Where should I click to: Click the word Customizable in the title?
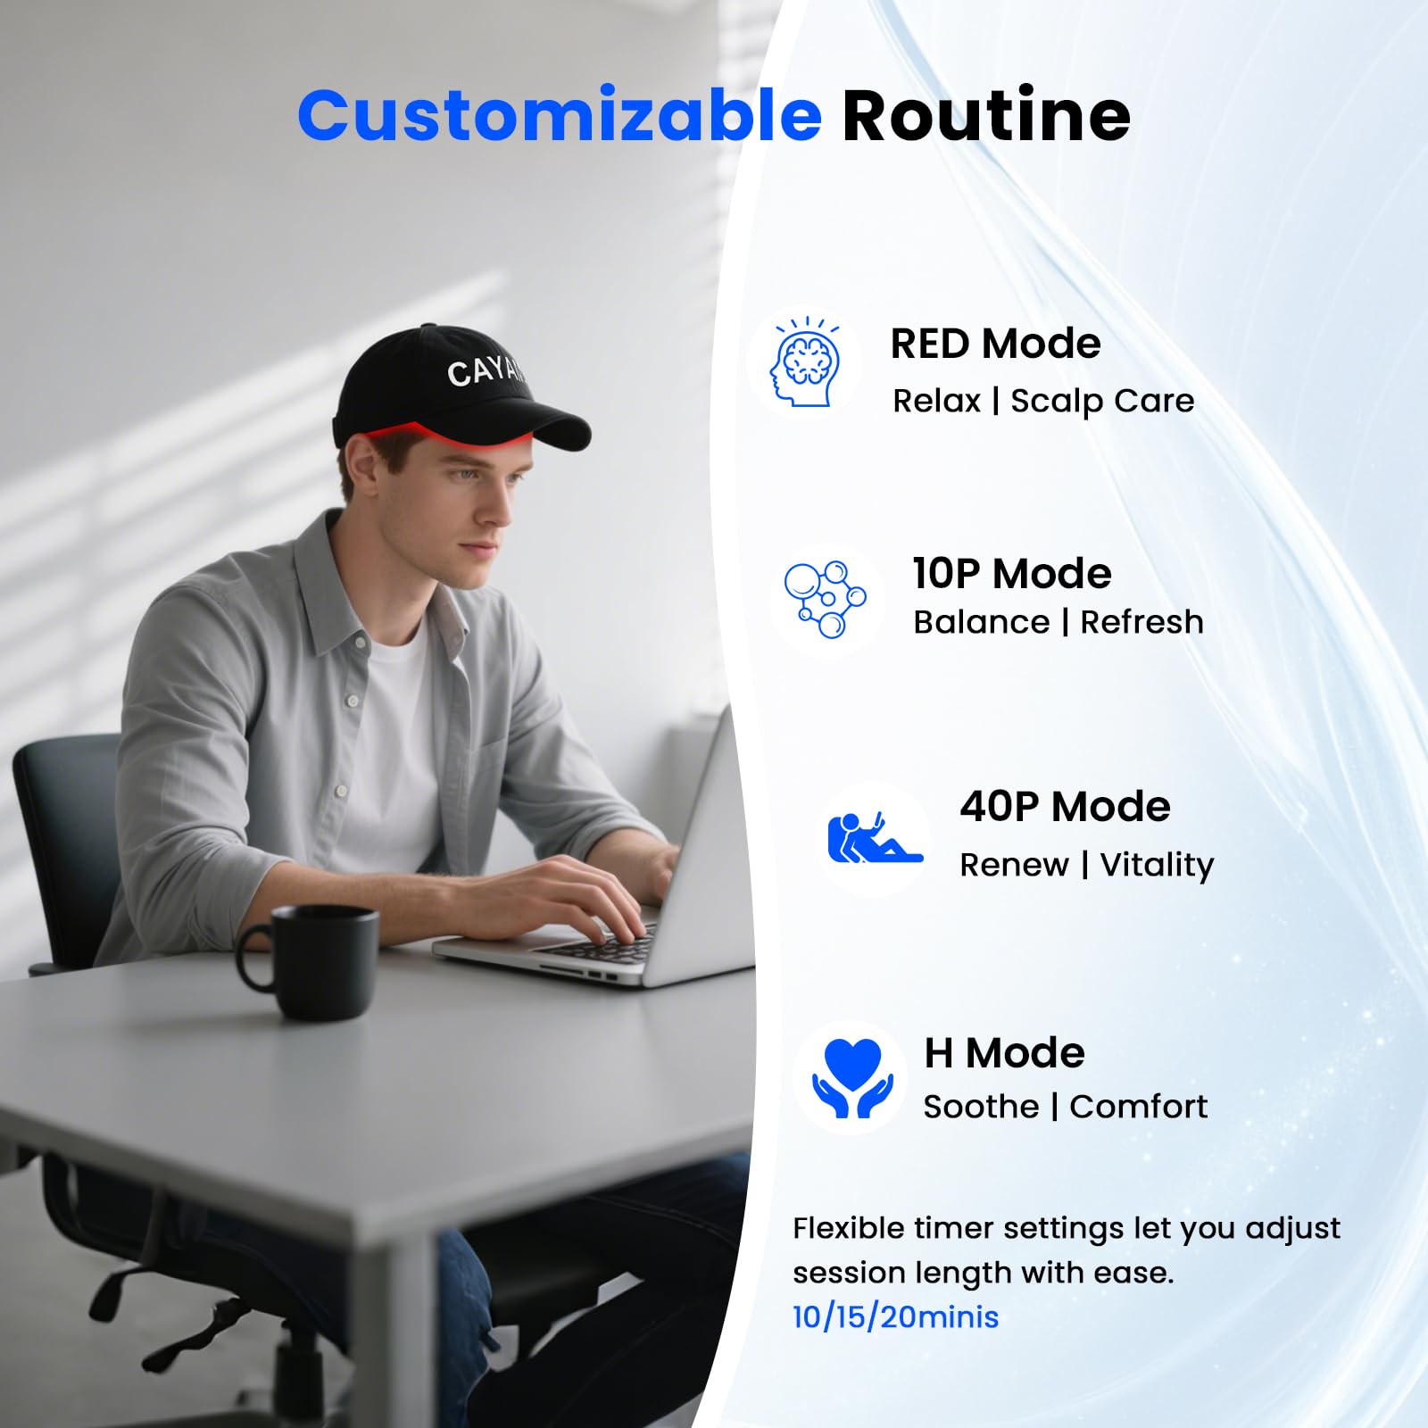click(x=559, y=117)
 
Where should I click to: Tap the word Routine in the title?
click(x=986, y=117)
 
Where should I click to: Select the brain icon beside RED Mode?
click(x=805, y=363)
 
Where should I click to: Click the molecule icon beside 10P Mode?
click(x=826, y=599)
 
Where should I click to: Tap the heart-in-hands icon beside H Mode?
click(x=851, y=1077)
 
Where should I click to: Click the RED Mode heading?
click(x=995, y=344)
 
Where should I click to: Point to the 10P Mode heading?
click(x=1011, y=574)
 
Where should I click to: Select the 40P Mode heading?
click(x=1065, y=807)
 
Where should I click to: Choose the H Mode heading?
click(x=1004, y=1053)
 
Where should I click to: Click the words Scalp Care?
click(x=1102, y=401)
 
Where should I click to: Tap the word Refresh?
click(x=1142, y=622)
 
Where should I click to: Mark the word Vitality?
click(x=1157, y=865)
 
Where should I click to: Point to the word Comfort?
click(x=1138, y=1107)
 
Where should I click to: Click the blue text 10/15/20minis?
click(x=895, y=1317)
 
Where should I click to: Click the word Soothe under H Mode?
click(x=981, y=1107)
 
